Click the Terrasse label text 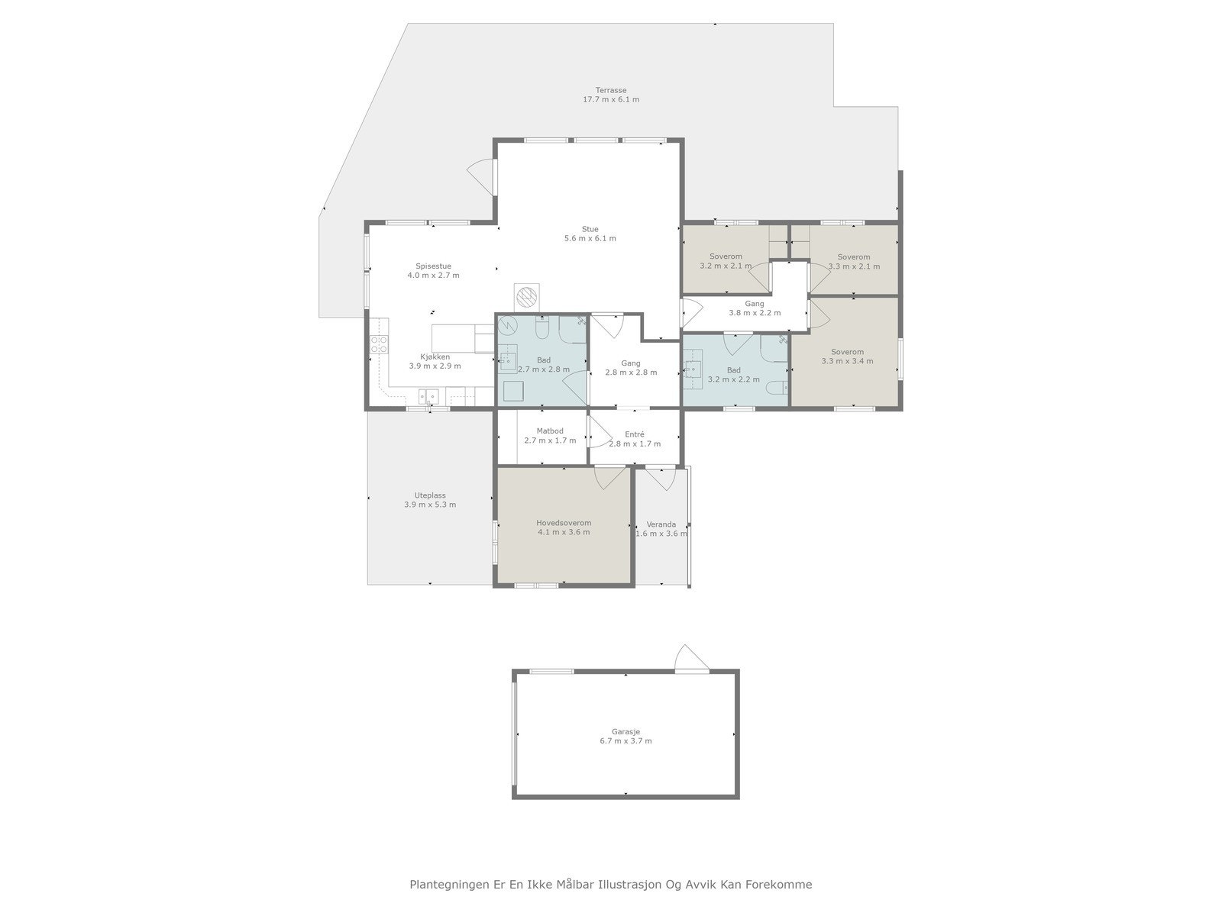pos(611,90)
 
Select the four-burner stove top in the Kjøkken pos(379,345)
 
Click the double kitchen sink pos(428,396)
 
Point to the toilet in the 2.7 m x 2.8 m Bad pos(542,327)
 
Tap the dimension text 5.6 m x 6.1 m pos(590,238)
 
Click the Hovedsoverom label pos(564,523)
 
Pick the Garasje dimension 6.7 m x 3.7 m pos(626,740)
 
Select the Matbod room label pos(550,431)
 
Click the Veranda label pos(661,524)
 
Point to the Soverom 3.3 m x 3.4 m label pos(847,352)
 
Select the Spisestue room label pos(433,266)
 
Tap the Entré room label pos(634,434)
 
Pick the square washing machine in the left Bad pos(512,389)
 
